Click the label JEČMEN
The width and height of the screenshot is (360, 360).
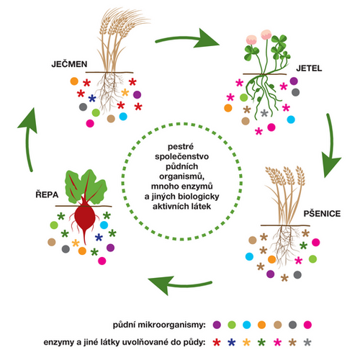tap(69, 64)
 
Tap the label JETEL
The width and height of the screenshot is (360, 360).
tap(309, 68)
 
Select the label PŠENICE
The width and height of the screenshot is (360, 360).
tap(322, 213)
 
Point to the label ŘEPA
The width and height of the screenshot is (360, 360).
tap(47, 194)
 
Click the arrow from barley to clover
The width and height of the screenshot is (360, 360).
tap(185, 38)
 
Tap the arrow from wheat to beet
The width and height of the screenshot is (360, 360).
tap(180, 284)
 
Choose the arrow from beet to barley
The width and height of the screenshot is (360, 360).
tap(28, 142)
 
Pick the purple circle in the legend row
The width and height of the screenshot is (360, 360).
tap(217, 325)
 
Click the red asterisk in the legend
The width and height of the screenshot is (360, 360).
tap(217, 342)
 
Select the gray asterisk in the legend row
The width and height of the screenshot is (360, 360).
tap(307, 342)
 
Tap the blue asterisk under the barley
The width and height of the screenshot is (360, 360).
tap(92, 98)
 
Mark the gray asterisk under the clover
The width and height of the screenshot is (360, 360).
tap(264, 113)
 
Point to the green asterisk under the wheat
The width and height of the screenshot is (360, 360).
tap(304, 246)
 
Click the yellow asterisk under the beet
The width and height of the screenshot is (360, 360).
tap(76, 243)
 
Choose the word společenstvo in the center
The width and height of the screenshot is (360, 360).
tap(181, 156)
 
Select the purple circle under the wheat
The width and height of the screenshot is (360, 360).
tap(271, 274)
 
